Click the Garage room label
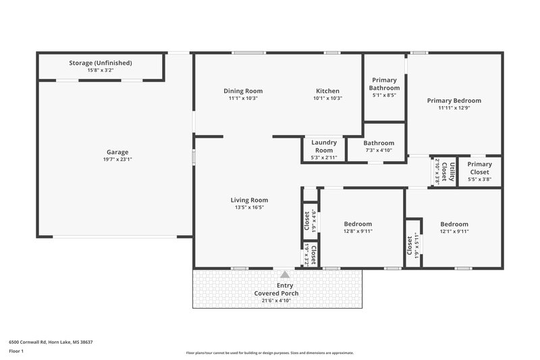click(x=117, y=152)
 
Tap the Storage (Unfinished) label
click(x=101, y=63)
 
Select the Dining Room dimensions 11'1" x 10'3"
click(x=243, y=98)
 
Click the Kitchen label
click(x=328, y=91)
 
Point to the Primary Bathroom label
click(x=385, y=84)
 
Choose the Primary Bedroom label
click(x=454, y=101)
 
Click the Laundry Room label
click(x=323, y=146)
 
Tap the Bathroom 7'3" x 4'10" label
click(x=379, y=143)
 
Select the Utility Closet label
click(x=445, y=172)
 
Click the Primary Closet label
click(x=479, y=168)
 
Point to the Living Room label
click(x=249, y=200)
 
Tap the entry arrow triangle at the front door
click(x=285, y=274)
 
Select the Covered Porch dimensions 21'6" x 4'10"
click(x=276, y=301)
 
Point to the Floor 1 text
click(x=17, y=352)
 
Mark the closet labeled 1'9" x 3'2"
click(x=310, y=255)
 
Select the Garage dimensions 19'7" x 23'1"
click(x=117, y=159)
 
